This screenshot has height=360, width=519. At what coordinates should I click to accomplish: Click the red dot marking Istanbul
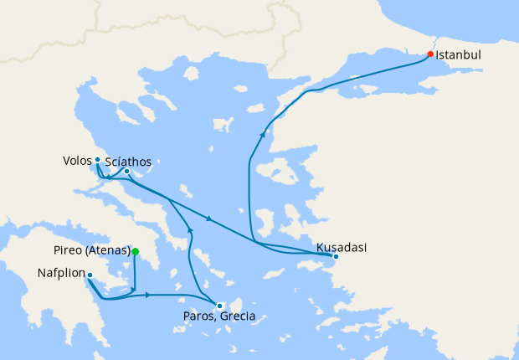point(430,54)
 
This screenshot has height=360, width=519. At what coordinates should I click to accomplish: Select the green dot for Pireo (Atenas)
point(135,251)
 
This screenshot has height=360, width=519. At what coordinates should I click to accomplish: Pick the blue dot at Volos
point(97,159)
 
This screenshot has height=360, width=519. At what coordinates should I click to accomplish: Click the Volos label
point(76,159)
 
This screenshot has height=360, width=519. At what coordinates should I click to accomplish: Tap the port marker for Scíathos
point(126,172)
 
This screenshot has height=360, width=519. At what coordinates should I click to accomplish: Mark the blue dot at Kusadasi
point(335,256)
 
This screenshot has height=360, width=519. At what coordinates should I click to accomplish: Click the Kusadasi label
point(341,248)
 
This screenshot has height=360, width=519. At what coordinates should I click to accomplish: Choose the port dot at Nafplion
point(90,275)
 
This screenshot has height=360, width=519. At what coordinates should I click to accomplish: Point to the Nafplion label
point(62,274)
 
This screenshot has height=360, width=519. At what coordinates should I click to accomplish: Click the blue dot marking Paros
point(218,306)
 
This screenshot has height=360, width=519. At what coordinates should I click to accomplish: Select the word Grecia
point(238,317)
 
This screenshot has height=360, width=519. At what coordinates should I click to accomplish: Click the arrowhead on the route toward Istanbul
point(263,134)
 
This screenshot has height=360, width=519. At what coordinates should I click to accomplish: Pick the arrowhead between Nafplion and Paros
point(148,295)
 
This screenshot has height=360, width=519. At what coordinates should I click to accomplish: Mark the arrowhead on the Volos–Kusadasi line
point(208,219)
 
